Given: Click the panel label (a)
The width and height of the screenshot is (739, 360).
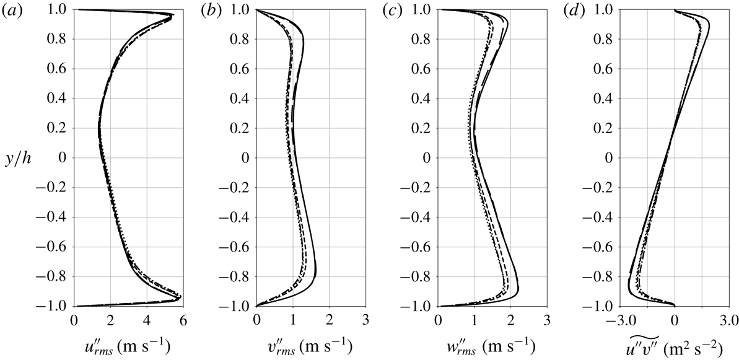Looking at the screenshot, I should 13,9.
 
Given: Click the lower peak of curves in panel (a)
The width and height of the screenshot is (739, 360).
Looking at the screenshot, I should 179,298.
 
